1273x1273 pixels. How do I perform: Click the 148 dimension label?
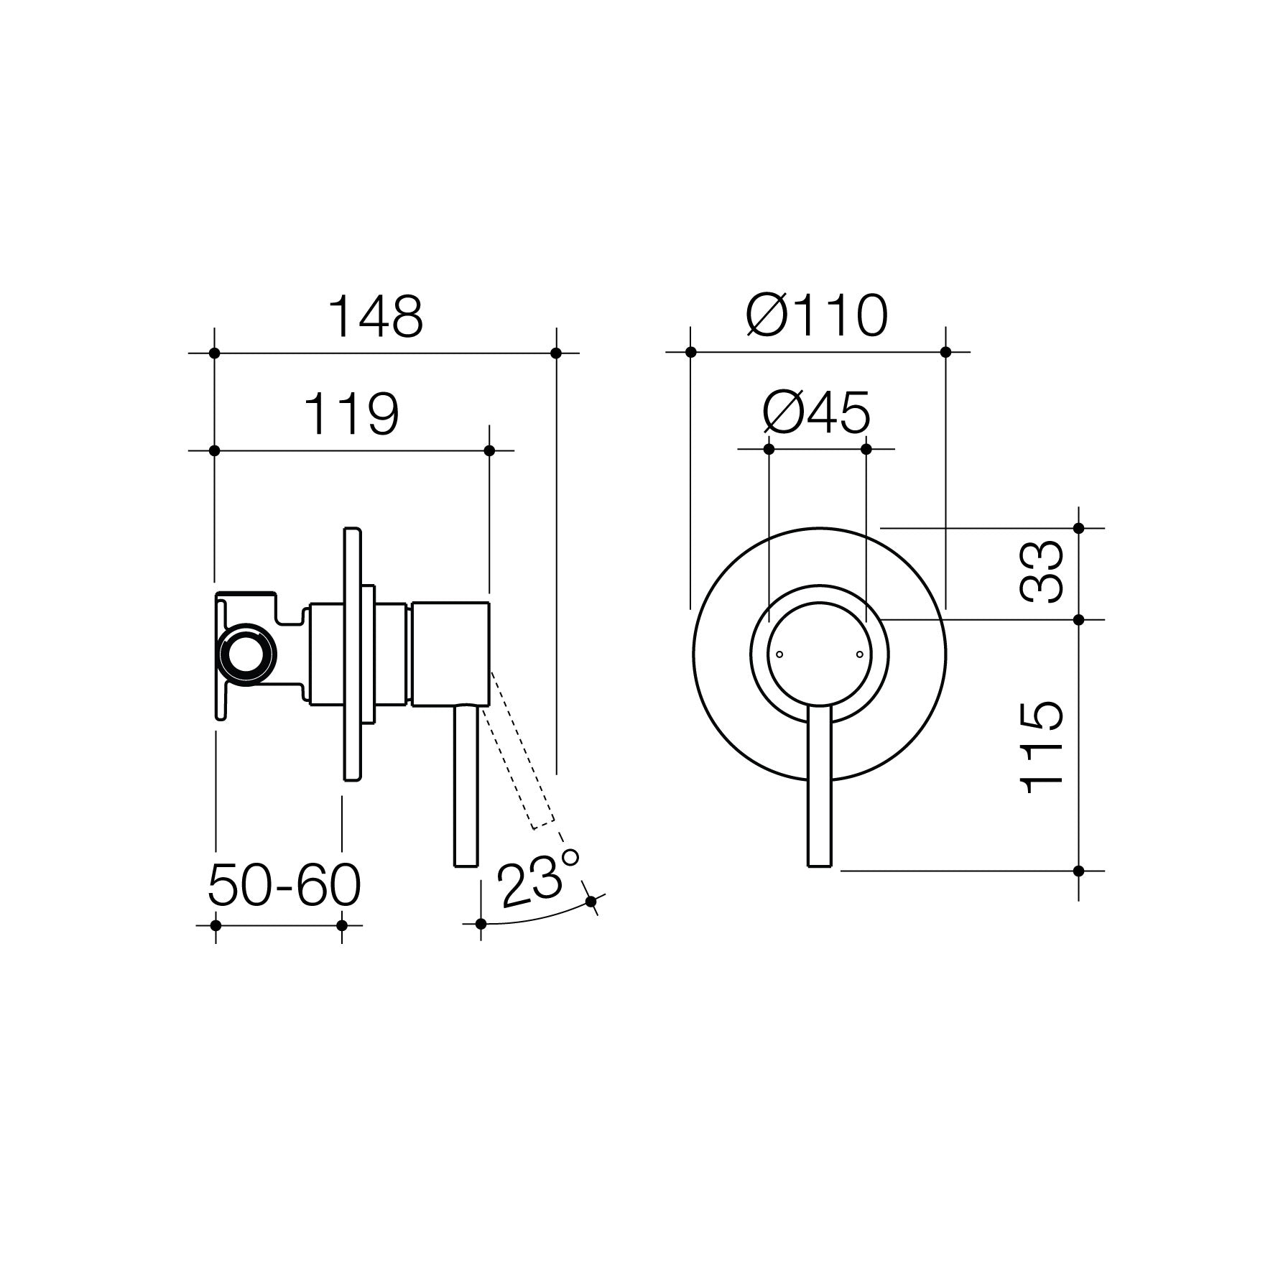click(375, 316)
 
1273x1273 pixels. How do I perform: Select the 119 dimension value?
click(351, 415)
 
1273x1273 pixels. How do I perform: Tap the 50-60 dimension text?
click(284, 886)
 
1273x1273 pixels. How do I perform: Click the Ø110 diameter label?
click(817, 316)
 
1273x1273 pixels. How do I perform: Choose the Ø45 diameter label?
click(817, 413)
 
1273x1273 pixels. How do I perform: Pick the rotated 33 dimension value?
click(1042, 573)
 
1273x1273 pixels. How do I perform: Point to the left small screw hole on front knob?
click(780, 654)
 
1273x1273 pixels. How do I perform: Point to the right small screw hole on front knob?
click(858, 654)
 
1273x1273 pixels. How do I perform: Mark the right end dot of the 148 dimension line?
click(555, 353)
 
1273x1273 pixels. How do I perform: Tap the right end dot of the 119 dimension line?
click(489, 450)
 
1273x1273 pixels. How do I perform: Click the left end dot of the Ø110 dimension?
click(690, 352)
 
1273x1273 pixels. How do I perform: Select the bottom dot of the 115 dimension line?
click(1078, 871)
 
